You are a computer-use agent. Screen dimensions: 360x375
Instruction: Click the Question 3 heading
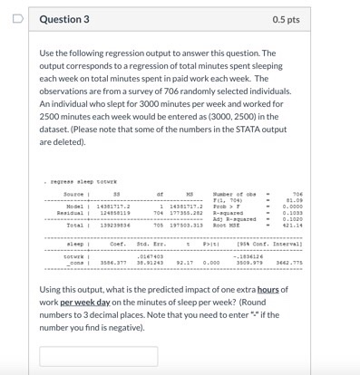tap(63, 19)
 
